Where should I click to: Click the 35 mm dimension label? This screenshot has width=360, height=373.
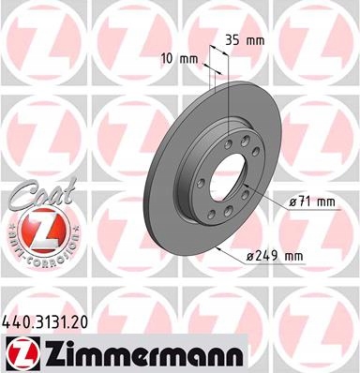245,40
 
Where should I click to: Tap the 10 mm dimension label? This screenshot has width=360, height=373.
179,59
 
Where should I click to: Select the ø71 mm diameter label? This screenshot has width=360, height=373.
312,202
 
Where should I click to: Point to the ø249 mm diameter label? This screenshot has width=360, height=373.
275,257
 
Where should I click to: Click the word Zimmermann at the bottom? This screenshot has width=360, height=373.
142,354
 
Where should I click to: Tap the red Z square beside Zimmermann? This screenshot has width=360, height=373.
22,354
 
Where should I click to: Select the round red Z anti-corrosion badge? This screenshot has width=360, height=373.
44,232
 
